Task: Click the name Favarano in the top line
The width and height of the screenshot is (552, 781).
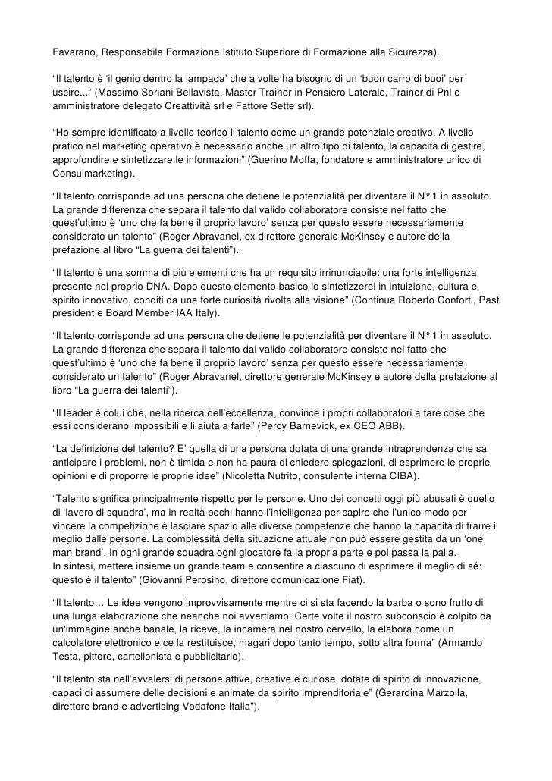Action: pos(74,55)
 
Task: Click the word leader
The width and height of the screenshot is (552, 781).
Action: pos(78,413)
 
